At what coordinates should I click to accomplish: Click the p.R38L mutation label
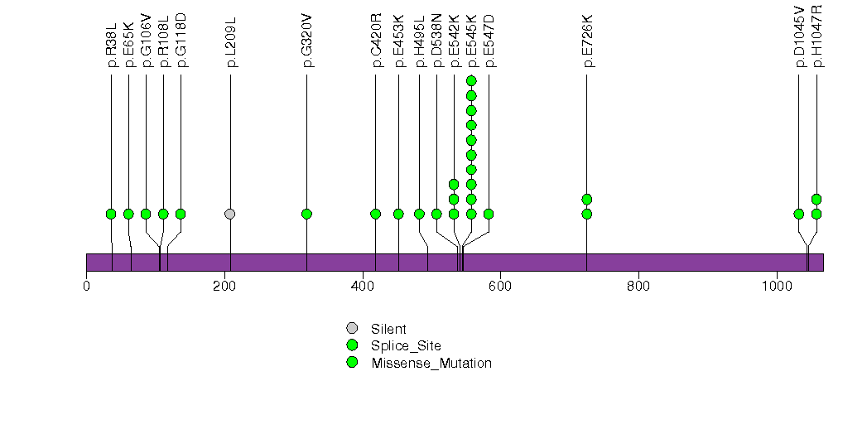111,51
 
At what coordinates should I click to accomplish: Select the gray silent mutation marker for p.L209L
230,214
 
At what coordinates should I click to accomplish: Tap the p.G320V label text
307,50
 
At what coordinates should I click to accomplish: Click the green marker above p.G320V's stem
307,214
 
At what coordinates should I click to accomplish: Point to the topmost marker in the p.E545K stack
471,80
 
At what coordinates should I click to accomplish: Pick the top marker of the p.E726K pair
587,199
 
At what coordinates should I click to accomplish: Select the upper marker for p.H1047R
816,199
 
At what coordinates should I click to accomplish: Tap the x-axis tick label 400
363,287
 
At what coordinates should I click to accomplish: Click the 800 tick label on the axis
638,287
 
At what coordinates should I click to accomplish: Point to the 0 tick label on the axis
86,287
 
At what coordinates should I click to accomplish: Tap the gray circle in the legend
352,329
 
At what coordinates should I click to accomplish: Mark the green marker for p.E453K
398,214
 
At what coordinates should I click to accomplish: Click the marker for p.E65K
128,214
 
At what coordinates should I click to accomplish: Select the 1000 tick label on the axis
777,287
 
